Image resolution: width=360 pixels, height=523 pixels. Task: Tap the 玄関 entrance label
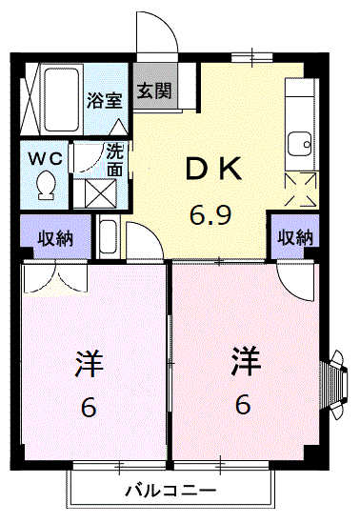[153, 91]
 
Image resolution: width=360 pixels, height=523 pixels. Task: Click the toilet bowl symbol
[45, 184]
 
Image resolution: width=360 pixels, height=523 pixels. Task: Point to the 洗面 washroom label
[114, 158]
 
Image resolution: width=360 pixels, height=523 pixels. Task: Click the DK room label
[215, 171]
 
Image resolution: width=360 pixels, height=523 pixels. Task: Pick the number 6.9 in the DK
[210, 215]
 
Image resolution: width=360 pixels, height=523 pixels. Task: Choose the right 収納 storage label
[295, 237]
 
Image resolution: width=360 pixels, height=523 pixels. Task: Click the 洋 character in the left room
[88, 364]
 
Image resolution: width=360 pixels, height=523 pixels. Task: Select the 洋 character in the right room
[245, 362]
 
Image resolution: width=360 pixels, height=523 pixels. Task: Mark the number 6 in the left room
[88, 408]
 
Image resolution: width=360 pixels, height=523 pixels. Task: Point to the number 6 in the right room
[244, 406]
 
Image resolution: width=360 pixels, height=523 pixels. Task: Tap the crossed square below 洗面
[101, 191]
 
